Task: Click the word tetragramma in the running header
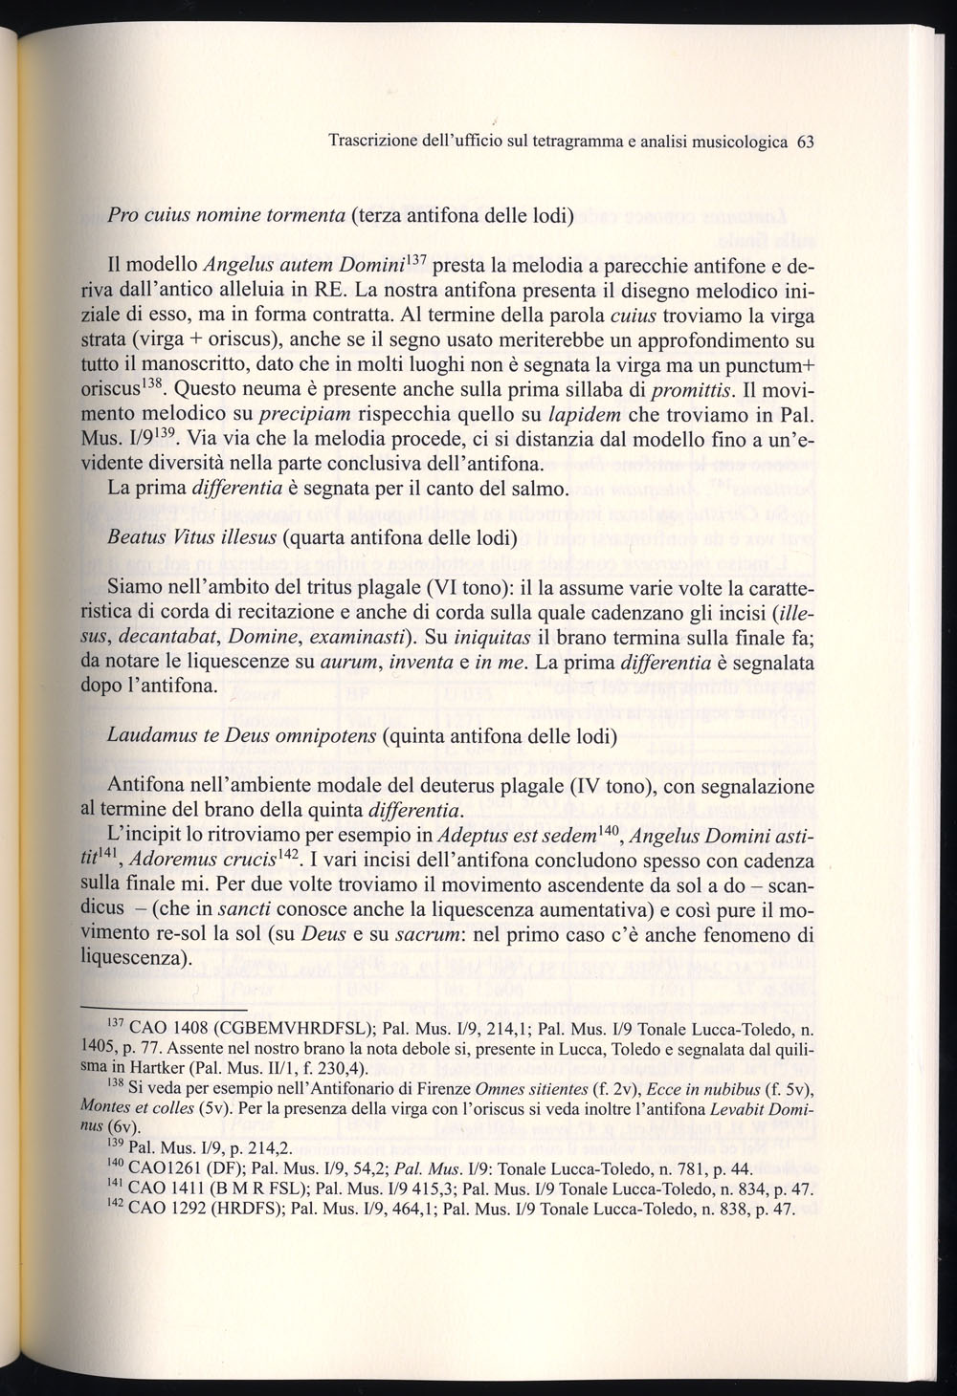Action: (x=590, y=142)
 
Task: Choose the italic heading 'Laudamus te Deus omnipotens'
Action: (x=242, y=738)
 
